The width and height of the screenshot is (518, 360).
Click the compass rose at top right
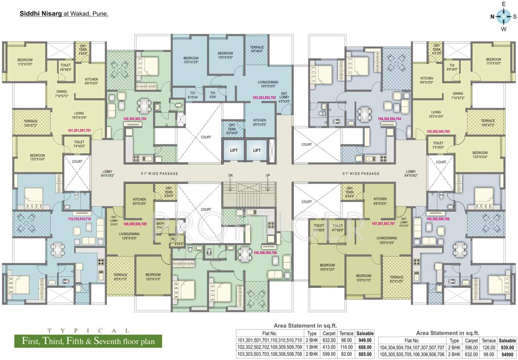(x=503, y=16)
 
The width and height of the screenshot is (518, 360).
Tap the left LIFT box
(x=233, y=150)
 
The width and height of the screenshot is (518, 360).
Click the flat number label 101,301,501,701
(x=79, y=130)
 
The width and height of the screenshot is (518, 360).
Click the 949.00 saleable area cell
(x=365, y=340)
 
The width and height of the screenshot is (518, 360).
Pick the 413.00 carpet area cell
(x=329, y=347)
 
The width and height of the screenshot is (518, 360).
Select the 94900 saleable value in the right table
(x=507, y=354)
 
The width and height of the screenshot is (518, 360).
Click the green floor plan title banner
(x=88, y=340)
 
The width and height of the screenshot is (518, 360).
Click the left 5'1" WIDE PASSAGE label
(x=159, y=173)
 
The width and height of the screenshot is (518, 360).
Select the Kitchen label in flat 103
(x=259, y=122)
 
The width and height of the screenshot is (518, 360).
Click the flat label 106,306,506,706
(x=438, y=218)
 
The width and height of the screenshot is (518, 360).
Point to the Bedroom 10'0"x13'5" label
(x=191, y=60)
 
